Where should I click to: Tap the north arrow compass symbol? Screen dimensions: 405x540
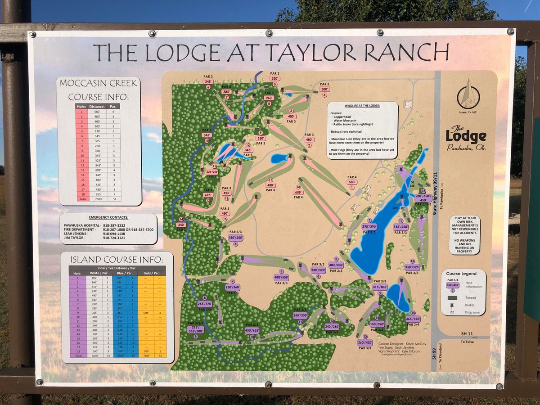(x=468, y=95)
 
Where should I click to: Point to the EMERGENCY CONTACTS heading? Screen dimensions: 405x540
(x=108, y=217)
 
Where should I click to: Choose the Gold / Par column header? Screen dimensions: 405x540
(x=155, y=273)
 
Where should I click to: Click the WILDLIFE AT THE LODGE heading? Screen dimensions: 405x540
(x=362, y=106)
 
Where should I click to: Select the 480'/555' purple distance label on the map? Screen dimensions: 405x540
(x=281, y=278)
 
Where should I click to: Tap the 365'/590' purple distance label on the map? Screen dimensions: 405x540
(x=413, y=319)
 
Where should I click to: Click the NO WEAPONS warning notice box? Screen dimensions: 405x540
(x=464, y=235)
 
